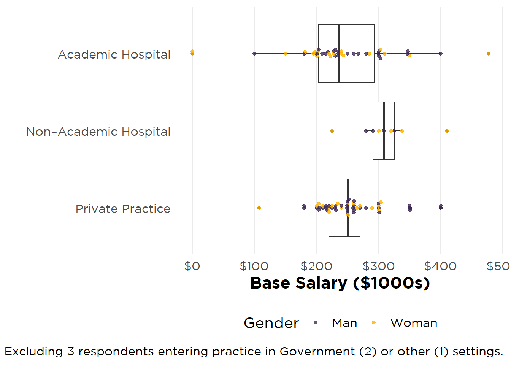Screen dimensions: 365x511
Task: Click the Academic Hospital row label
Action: click(114, 55)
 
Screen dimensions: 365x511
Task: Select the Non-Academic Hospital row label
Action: click(98, 132)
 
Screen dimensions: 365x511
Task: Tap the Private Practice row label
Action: click(123, 209)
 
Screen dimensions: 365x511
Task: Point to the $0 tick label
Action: click(192, 266)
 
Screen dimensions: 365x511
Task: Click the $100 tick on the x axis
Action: click(254, 266)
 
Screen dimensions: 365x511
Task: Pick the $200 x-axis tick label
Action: click(316, 266)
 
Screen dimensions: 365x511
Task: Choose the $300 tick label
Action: click(378, 266)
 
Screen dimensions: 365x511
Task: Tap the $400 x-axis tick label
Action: click(440, 266)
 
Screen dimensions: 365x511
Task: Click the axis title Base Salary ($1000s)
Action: click(340, 283)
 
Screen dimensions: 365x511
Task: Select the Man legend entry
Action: click(344, 323)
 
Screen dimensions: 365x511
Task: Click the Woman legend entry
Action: click(414, 323)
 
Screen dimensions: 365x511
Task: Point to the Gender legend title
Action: click(271, 323)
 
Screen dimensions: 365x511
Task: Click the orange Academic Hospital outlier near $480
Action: click(489, 54)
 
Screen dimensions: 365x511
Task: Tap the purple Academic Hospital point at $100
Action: click(254, 54)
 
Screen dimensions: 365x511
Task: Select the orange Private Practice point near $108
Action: click(259, 208)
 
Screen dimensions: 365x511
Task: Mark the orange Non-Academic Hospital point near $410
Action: click(447, 131)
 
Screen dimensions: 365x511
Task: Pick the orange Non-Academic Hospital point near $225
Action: click(332, 131)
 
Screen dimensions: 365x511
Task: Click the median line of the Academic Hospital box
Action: click(338, 38)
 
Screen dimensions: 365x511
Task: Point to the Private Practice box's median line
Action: click(348, 228)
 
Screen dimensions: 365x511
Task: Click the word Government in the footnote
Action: click(317, 352)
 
